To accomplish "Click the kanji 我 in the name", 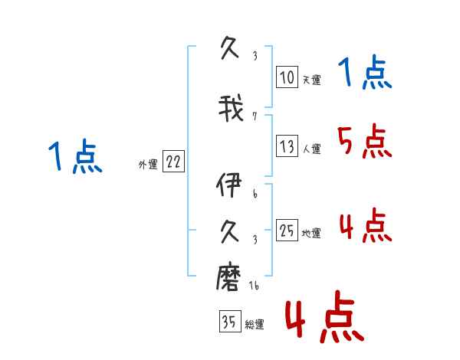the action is [x=231, y=109].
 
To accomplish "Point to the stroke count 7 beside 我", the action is [x=255, y=116].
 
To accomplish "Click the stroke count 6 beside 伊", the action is [x=255, y=195].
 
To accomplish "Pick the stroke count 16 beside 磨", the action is [x=254, y=286].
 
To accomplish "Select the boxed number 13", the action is [x=287, y=146].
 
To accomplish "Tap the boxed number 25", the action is [x=287, y=230].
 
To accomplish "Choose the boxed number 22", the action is [x=173, y=161].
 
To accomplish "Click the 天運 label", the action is [x=310, y=80].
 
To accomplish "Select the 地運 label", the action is [x=310, y=234].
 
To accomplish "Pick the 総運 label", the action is [x=254, y=325].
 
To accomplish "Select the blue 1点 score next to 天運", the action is [x=364, y=73].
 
